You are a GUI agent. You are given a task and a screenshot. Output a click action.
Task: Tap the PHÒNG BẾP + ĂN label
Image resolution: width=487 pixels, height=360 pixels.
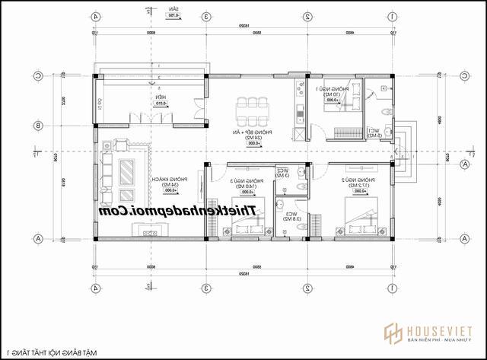[248, 133]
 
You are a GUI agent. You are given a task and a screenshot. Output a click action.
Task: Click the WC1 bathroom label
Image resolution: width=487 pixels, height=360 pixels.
[374, 130]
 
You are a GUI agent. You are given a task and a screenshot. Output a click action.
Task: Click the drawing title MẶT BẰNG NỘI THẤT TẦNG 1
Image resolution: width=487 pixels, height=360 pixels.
[53, 352]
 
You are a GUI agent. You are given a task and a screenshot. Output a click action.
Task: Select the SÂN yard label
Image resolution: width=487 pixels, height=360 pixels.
[175, 10]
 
